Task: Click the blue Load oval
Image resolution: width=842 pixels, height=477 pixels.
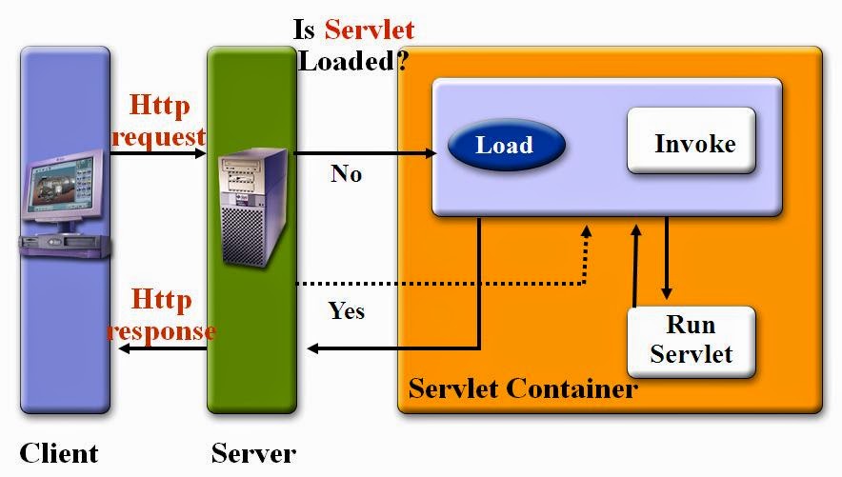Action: (x=506, y=146)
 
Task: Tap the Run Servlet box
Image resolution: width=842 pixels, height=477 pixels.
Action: (x=691, y=340)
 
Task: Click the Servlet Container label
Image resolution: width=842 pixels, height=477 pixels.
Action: (x=522, y=389)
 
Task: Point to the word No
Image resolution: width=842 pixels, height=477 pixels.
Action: (x=346, y=173)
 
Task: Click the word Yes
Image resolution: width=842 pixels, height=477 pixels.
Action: (x=346, y=310)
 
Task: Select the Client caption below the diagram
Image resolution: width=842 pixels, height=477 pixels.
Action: (x=59, y=452)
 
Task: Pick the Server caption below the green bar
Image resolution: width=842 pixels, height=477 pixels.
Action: (x=253, y=452)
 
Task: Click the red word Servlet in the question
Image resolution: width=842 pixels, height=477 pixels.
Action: (x=370, y=29)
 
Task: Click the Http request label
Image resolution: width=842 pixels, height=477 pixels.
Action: (x=159, y=120)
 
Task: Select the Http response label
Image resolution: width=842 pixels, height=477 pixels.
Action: (x=161, y=315)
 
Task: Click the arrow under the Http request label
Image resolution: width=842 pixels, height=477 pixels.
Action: (x=159, y=151)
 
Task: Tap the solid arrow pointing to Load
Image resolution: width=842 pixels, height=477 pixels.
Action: (x=371, y=152)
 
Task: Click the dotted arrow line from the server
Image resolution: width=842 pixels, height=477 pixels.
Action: (x=438, y=283)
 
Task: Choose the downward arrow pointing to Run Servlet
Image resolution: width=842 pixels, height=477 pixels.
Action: (x=666, y=257)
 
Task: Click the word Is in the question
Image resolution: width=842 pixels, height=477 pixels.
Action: (x=305, y=29)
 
